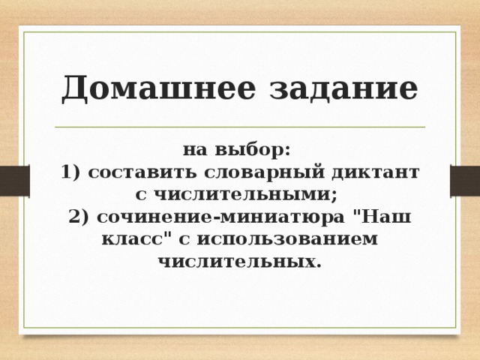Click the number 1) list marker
(71, 172)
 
